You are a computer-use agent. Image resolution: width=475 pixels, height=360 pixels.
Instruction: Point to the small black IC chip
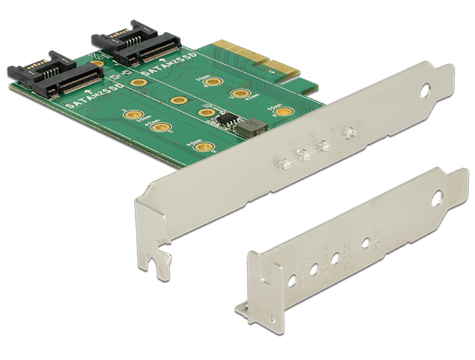[x=225, y=119]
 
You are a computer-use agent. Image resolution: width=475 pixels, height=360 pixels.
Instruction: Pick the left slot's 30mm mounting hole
[x=132, y=114]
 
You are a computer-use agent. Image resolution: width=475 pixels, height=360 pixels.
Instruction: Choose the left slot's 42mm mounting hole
[x=158, y=127]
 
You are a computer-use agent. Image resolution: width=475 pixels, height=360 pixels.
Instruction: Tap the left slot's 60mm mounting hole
[x=204, y=146]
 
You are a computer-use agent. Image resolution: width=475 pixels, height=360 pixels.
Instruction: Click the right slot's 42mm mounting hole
[x=240, y=93]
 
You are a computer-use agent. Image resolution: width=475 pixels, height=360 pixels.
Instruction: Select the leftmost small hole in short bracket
[x=292, y=280]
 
